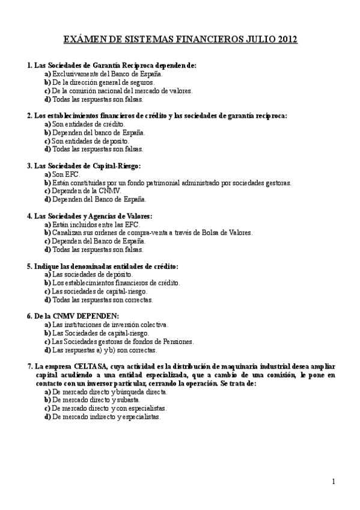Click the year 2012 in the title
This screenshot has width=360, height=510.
[285, 40]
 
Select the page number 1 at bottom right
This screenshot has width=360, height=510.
[333, 481]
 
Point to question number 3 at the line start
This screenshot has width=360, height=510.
[30, 165]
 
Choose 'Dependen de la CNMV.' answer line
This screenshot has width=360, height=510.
[86, 191]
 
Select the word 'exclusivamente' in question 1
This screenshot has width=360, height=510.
[76, 73]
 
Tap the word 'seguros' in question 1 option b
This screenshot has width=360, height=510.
[141, 82]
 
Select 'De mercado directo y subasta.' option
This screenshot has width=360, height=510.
[96, 399]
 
